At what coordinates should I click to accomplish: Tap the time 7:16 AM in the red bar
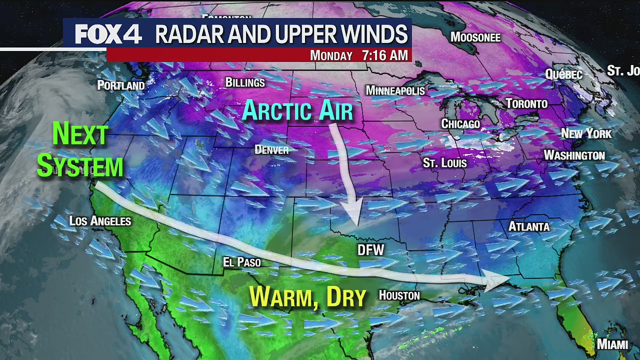[x=385, y=55]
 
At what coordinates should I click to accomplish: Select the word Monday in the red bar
[x=331, y=55]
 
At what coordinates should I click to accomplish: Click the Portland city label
[x=121, y=85]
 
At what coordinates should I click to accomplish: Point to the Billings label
[x=245, y=82]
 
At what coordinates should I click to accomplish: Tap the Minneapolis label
[x=395, y=90]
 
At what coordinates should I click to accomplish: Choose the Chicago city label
[x=460, y=124]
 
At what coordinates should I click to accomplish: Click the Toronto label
[x=526, y=104]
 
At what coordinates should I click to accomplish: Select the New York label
[x=586, y=133]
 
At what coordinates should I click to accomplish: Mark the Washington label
[x=574, y=155]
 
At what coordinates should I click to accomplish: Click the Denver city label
[x=271, y=149]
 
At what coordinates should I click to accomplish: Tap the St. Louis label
[x=444, y=163]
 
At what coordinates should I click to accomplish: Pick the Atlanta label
[x=529, y=226]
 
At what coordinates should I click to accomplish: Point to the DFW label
[x=371, y=250]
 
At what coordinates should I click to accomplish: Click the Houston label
[x=399, y=295]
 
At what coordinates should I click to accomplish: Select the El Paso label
[x=242, y=262]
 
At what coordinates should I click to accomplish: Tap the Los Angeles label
[x=100, y=220]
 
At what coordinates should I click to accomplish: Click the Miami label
[x=612, y=344]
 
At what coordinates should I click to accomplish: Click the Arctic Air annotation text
[x=297, y=111]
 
